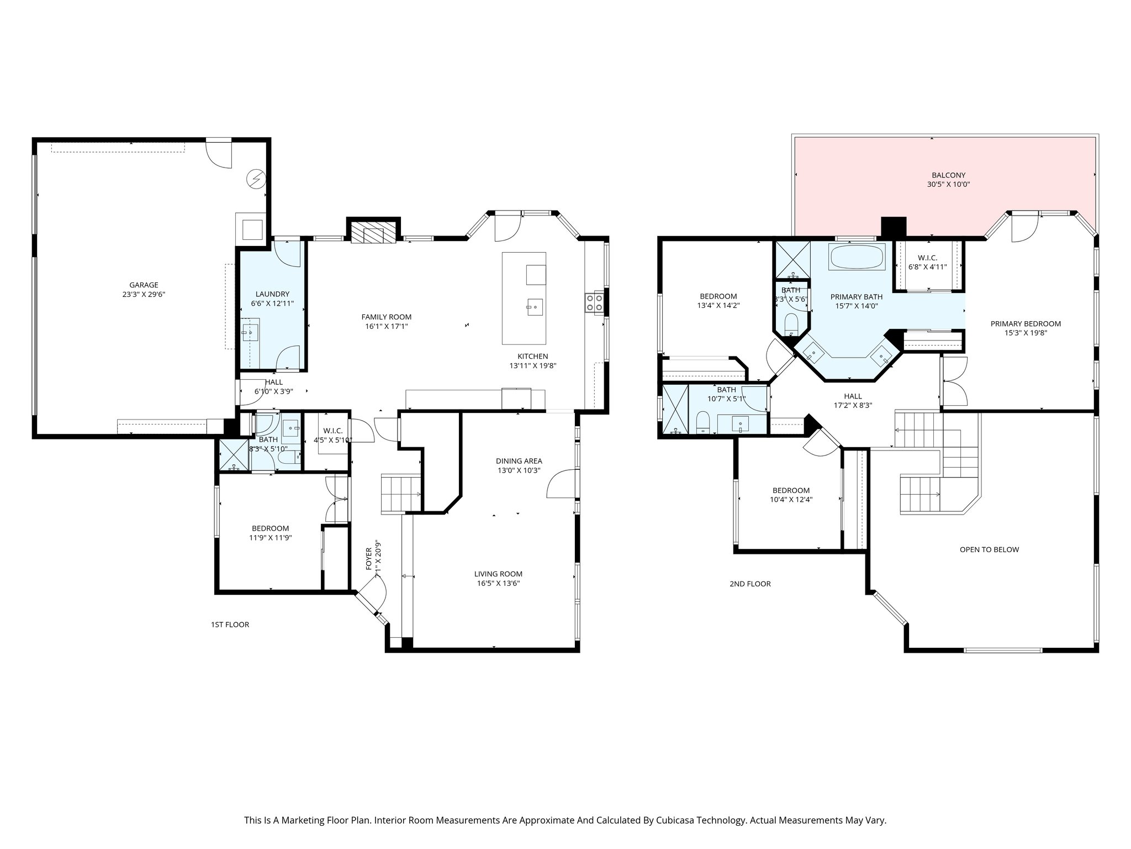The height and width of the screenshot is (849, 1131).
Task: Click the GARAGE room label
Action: (144, 285)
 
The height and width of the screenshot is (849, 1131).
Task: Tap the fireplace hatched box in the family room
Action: (373, 234)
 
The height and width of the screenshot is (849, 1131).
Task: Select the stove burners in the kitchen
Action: (594, 302)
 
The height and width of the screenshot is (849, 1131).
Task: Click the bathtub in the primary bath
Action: (857, 257)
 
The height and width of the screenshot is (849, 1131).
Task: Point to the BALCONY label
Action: (948, 175)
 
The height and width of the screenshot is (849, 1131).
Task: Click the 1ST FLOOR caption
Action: (230, 625)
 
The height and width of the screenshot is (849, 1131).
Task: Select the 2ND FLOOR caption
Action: (750, 584)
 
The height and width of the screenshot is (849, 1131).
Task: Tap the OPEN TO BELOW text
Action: (989, 549)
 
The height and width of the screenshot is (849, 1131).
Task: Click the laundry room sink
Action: (251, 331)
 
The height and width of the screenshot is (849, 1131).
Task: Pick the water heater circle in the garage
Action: (257, 179)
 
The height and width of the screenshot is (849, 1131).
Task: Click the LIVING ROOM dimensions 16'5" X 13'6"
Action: (499, 583)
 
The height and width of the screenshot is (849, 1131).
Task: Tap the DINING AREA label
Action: (519, 461)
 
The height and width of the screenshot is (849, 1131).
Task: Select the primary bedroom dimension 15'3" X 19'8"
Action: (1026, 333)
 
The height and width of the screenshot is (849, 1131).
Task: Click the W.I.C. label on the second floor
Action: (927, 258)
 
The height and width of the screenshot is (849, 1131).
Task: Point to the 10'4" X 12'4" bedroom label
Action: (791, 499)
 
